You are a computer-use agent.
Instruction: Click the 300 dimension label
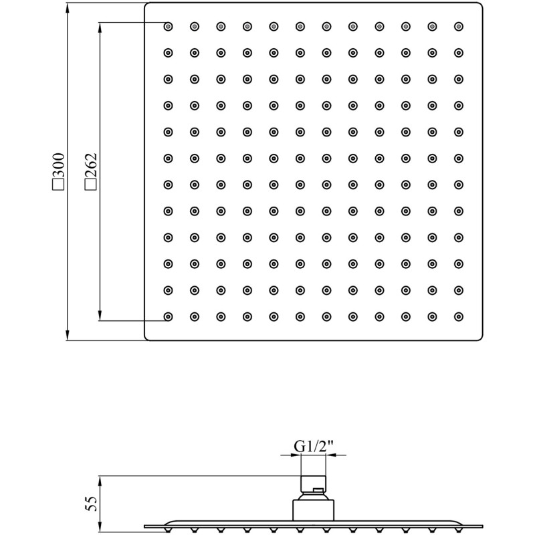[x=58, y=165]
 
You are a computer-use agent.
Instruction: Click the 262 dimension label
[x=91, y=165]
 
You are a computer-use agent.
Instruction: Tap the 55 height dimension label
[x=91, y=504]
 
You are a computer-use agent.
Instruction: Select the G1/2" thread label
[x=313, y=446]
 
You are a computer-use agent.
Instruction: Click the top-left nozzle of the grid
[x=168, y=26]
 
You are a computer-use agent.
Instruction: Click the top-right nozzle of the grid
[x=459, y=26]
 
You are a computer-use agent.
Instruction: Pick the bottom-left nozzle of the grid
[x=168, y=316]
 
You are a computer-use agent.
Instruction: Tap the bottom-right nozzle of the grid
[x=459, y=316]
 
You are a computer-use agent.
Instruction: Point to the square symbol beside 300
[x=58, y=185]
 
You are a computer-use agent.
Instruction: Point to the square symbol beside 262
[x=91, y=185]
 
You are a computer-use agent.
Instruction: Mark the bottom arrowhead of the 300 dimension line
[x=68, y=335]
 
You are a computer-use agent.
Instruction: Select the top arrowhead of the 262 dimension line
[x=100, y=28]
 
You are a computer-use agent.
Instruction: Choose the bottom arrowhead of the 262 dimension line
[x=100, y=315]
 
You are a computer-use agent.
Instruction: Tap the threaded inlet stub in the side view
[x=313, y=484]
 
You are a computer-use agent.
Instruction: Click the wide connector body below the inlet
[x=313, y=510]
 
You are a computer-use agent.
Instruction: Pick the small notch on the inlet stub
[x=319, y=490]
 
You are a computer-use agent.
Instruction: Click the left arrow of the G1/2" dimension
[x=291, y=455]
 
